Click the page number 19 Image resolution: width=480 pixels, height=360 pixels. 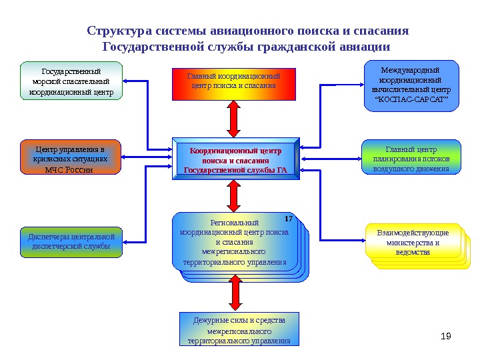pos(447,335)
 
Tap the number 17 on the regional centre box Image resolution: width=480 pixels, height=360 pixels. pos(289,219)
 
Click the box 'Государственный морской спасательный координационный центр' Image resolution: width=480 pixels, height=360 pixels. pos(72,81)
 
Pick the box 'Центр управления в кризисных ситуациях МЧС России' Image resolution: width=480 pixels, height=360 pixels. pos(71,157)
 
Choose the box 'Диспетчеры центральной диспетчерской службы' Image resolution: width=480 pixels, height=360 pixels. pos(71,243)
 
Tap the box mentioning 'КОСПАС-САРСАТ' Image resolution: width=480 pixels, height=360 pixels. pos(411,85)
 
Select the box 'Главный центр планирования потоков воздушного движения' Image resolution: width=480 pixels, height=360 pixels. pos(411,157)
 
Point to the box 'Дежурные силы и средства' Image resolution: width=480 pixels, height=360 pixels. pos(239,329)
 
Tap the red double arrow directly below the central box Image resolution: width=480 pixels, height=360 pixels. pos(234,196)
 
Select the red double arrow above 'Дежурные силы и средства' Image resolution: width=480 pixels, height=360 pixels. pos(234,293)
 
